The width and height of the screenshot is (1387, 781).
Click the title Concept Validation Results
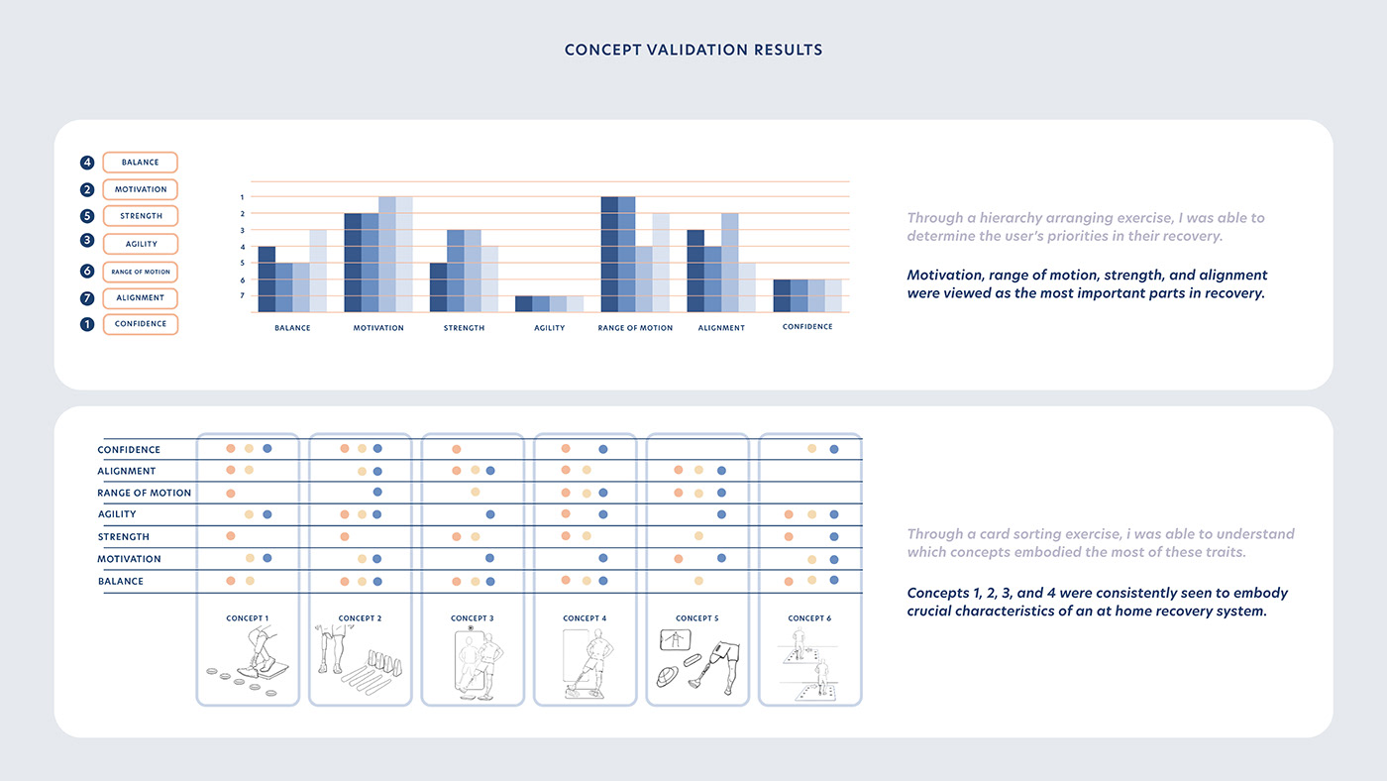coord(693,50)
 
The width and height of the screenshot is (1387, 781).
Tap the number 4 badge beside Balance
coord(87,163)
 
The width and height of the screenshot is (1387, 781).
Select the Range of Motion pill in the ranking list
coord(140,272)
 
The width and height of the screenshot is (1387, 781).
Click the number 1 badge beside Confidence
coord(87,324)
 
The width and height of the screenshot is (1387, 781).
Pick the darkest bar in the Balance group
coord(267,279)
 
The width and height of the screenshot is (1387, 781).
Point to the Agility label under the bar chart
coord(549,328)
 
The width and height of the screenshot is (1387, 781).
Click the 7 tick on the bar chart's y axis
coord(242,296)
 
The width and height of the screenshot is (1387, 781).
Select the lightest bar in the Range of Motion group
coord(661,263)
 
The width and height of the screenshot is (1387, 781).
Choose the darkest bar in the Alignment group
coord(695,271)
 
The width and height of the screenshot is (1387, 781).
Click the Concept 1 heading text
coord(247,618)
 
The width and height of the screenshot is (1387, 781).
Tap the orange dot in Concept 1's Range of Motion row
coord(231,493)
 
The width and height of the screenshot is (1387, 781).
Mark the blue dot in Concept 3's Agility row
coord(490,514)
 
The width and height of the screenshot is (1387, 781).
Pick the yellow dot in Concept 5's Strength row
coord(698,536)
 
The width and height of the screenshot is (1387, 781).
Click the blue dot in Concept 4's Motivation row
coord(602,559)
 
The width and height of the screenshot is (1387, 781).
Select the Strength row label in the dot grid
coord(123,537)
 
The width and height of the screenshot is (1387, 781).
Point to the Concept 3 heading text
coord(472,618)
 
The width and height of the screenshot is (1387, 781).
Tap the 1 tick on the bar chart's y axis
coord(242,197)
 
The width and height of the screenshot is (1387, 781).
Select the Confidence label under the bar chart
coord(807,327)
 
